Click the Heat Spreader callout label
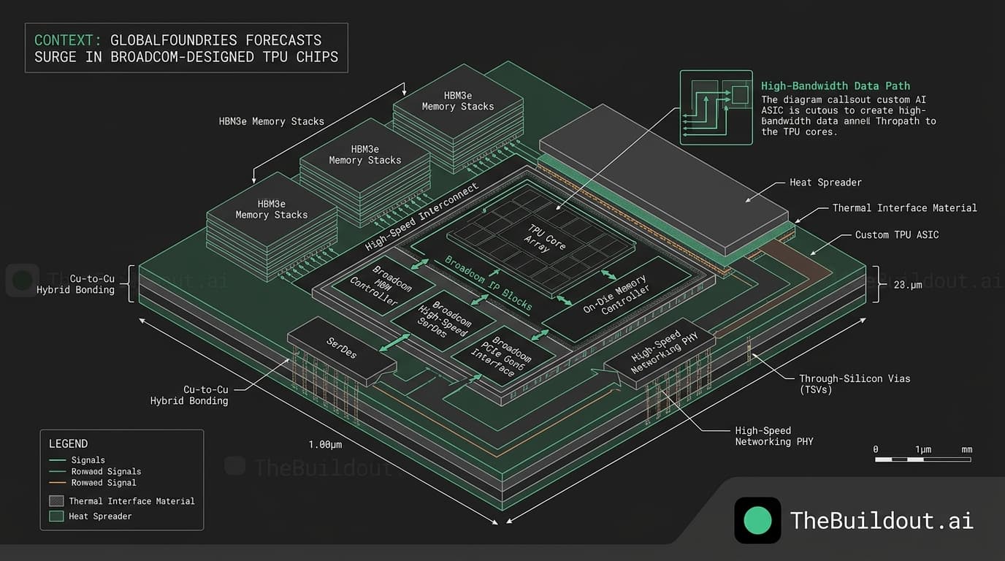tap(825, 183)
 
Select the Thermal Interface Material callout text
tap(904, 208)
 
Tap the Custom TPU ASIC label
tap(897, 234)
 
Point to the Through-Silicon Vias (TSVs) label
tap(855, 384)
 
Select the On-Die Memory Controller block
tap(616, 299)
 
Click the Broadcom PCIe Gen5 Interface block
tap(503, 356)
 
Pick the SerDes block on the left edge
tap(342, 348)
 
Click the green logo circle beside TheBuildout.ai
tap(757, 520)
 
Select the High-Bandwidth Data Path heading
tap(836, 86)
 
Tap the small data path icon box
tap(716, 107)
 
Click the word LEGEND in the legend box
tap(68, 443)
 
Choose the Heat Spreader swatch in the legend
tap(56, 516)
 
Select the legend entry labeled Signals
tap(88, 460)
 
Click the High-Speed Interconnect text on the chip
tap(422, 218)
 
